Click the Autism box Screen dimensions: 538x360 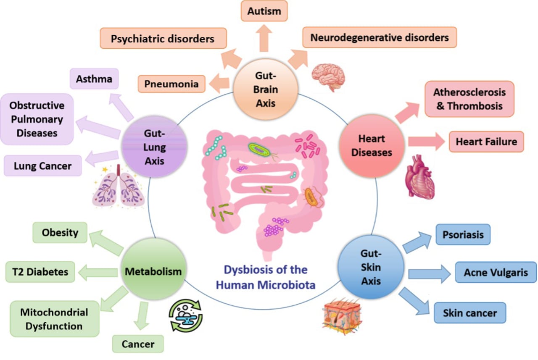pos(264,11)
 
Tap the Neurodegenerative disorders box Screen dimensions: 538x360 pos(380,37)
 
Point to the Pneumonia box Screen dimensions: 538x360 pos(171,84)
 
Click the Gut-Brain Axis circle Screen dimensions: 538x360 pos(266,89)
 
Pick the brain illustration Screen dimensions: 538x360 pos(328,77)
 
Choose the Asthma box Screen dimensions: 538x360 pos(94,79)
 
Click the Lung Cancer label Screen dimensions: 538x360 pos(43,166)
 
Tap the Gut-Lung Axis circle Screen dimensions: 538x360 pos(154,147)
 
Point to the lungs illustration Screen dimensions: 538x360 pos(118,186)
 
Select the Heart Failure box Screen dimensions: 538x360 pos(486,142)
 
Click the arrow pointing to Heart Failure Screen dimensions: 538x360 pos(426,141)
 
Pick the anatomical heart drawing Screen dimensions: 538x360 pos(420,177)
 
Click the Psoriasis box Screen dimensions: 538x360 pos(463,234)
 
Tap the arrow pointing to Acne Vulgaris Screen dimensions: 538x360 pos(429,273)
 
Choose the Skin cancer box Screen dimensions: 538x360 pos(470,313)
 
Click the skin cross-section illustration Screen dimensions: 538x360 pos(342,316)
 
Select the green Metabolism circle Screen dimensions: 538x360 pos(154,269)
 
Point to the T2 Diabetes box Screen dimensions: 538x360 pos(40,272)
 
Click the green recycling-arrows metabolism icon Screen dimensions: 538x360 pos(186,315)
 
